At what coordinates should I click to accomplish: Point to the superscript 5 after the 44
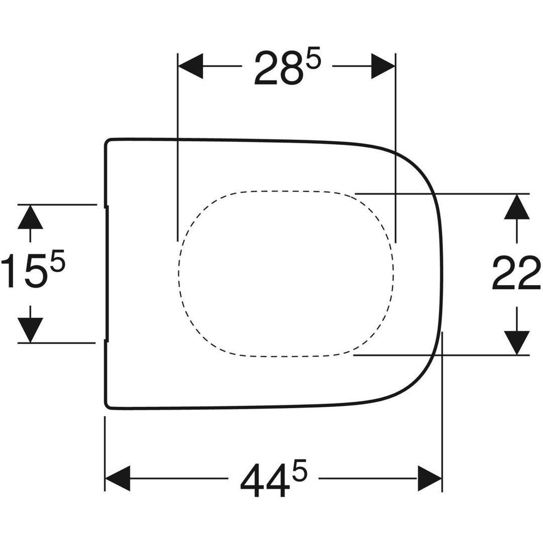pos(300,470)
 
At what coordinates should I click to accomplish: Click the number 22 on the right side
pos(516,273)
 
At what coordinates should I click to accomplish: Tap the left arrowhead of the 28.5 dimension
pos(190,66)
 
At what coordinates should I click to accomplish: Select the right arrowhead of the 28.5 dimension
pos(383,66)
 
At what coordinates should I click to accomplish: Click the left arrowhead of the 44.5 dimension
pos(117,478)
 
